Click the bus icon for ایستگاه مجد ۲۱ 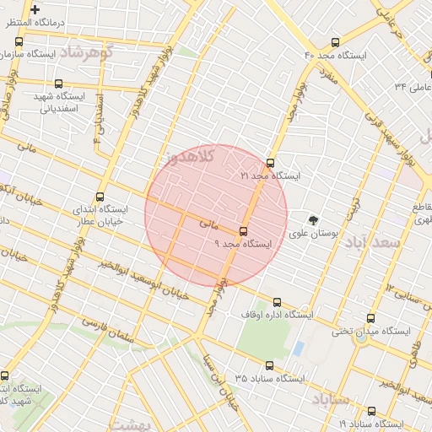click(x=270, y=163)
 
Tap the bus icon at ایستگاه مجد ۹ click(x=244, y=230)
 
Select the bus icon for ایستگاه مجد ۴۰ click(x=336, y=41)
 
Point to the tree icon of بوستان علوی click(x=314, y=219)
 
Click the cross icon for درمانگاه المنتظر click(x=35, y=10)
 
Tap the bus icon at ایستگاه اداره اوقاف click(x=277, y=302)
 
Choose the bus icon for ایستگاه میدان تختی click(x=371, y=318)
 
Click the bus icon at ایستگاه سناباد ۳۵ click(x=270, y=365)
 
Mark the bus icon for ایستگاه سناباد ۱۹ click(x=371, y=411)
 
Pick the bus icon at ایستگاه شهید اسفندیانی click(x=57, y=84)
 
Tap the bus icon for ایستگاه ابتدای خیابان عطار click(x=101, y=196)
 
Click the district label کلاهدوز click(x=191, y=156)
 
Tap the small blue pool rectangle click(x=298, y=348)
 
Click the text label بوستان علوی click(x=313, y=234)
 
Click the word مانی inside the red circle click(x=208, y=225)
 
